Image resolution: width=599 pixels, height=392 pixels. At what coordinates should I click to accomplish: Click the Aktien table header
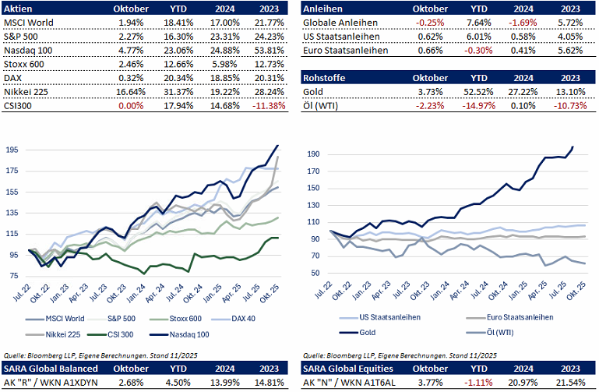point(19,8)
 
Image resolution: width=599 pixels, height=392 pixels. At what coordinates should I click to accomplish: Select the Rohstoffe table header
point(323,78)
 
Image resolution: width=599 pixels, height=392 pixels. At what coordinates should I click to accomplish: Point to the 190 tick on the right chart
point(312,154)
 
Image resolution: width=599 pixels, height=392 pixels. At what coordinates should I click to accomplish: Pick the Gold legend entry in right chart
point(362,331)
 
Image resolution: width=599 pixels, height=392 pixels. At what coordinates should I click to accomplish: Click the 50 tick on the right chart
point(315,273)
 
